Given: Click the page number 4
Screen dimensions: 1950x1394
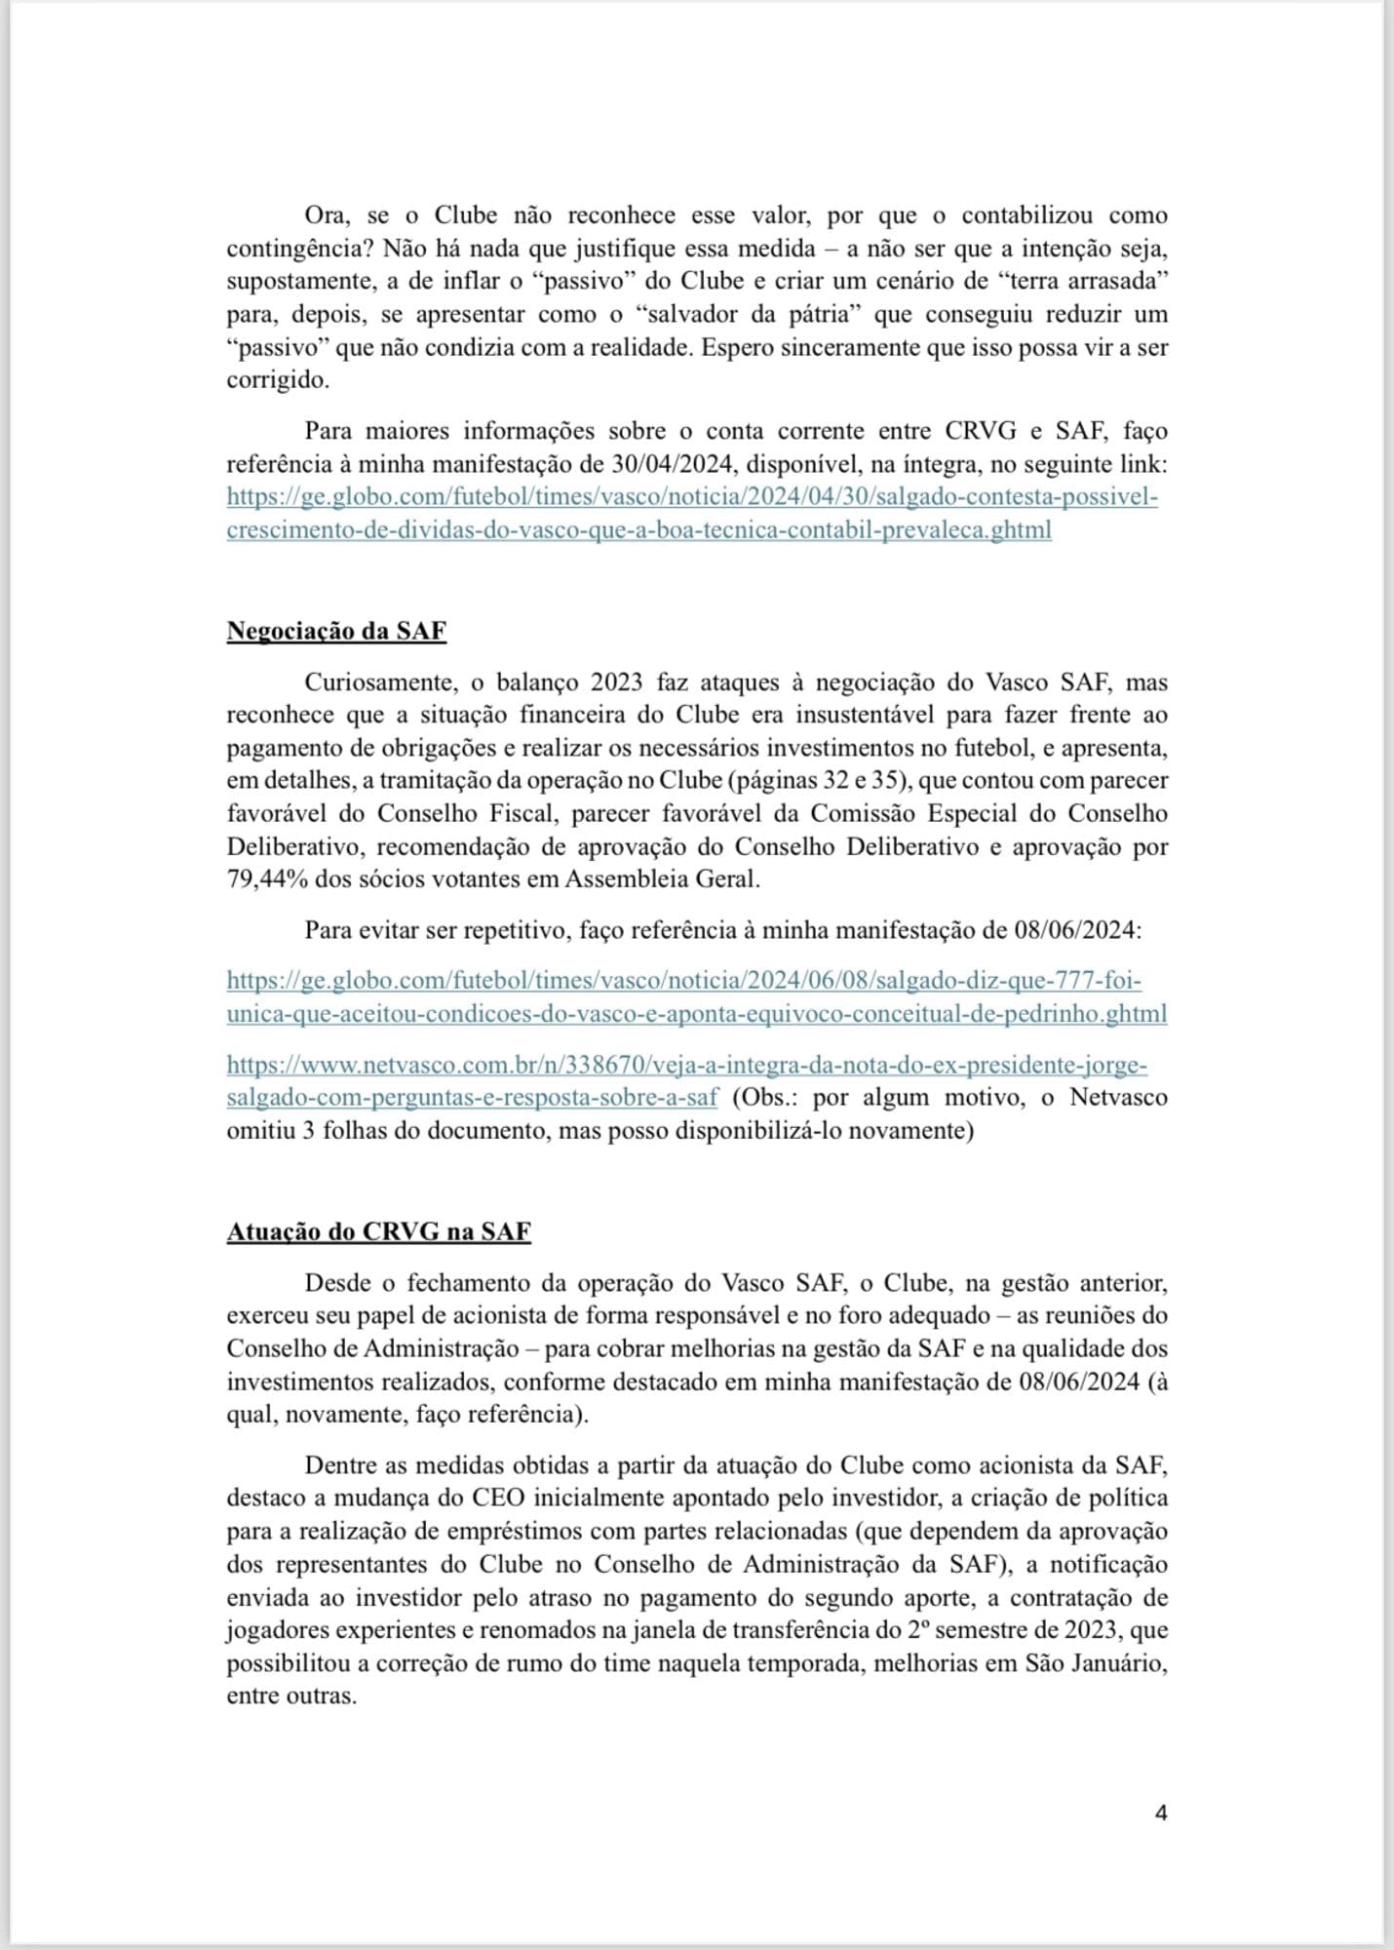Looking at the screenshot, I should coord(1160,1813).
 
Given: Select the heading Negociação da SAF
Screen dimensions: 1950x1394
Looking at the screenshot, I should coord(336,631).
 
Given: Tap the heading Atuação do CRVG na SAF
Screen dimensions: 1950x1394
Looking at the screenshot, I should coord(378,1231).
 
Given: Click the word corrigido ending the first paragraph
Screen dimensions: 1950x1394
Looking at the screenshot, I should coord(278,380).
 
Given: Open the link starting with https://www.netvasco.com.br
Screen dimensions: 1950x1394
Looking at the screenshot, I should coord(687,1065).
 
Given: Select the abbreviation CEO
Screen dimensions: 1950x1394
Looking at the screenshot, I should coord(497,1498).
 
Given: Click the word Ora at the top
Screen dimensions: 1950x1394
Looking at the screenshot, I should coord(327,214).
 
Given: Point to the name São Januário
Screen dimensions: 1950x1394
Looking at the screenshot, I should coord(1096,1663).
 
